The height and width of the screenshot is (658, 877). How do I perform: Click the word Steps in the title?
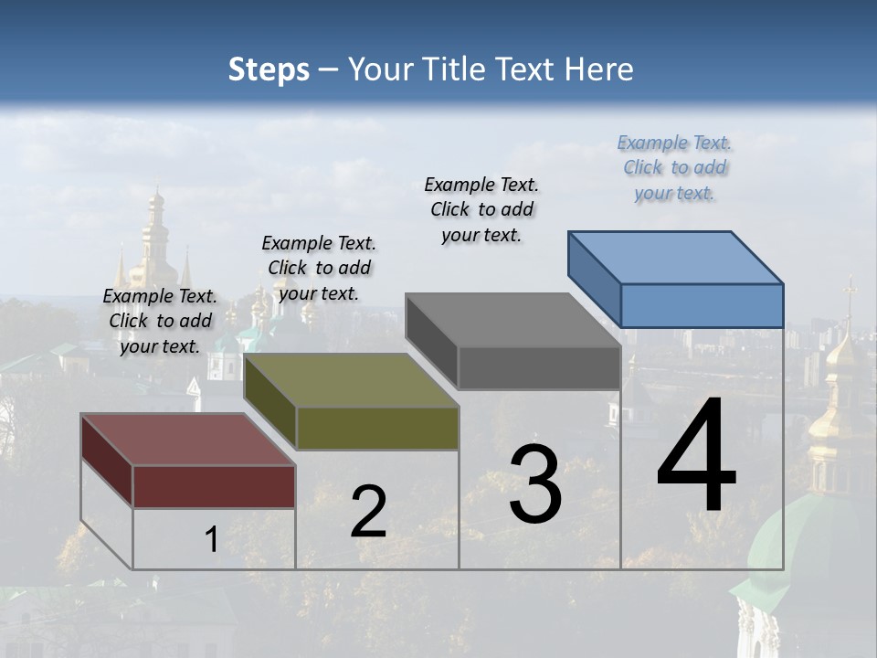pyautogui.click(x=269, y=69)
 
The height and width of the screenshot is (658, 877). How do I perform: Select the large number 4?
pyautogui.click(x=696, y=457)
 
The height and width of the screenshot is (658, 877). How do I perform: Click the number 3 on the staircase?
pyautogui.click(x=535, y=484)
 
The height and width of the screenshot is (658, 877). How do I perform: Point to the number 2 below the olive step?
pyautogui.click(x=368, y=513)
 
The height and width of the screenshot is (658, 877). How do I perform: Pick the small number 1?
pyautogui.click(x=211, y=540)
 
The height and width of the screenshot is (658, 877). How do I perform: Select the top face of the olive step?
pyautogui.click(x=351, y=380)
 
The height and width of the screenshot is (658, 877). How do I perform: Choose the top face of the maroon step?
pyautogui.click(x=188, y=440)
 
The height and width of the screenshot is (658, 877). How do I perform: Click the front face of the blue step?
pyautogui.click(x=702, y=305)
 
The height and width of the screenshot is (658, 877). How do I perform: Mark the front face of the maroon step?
pyautogui.click(x=214, y=486)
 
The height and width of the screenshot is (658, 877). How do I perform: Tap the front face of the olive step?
pyautogui.click(x=376, y=428)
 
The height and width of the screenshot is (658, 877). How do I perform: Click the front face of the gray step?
pyautogui.click(x=539, y=367)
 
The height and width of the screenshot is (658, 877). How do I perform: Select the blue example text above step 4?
pyautogui.click(x=674, y=168)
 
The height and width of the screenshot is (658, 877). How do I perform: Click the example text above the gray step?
pyautogui.click(x=481, y=210)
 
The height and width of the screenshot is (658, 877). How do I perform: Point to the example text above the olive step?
pyautogui.click(x=319, y=269)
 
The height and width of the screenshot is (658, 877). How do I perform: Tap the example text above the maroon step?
pyautogui.click(x=160, y=322)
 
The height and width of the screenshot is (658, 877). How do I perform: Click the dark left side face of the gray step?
pyautogui.click(x=432, y=341)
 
